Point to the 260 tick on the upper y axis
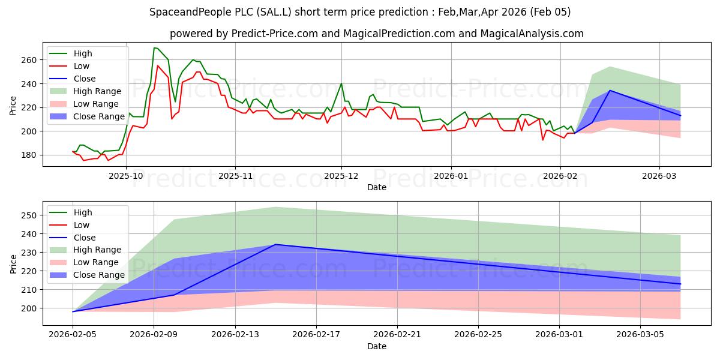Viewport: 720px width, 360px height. [28, 60]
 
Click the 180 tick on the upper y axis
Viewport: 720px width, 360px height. [28, 155]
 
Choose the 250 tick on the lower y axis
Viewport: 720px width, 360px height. [28, 215]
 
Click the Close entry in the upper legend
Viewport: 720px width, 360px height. [83, 79]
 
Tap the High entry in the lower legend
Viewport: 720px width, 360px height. [83, 212]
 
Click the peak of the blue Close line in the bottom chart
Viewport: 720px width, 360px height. [275, 244]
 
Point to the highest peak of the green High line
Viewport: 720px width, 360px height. [155, 47]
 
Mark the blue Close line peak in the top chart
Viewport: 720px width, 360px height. [610, 91]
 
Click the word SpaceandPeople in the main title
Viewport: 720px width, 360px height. [193, 12]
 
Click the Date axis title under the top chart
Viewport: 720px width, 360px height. [376, 188]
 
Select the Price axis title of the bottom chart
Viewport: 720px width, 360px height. [13, 263]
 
